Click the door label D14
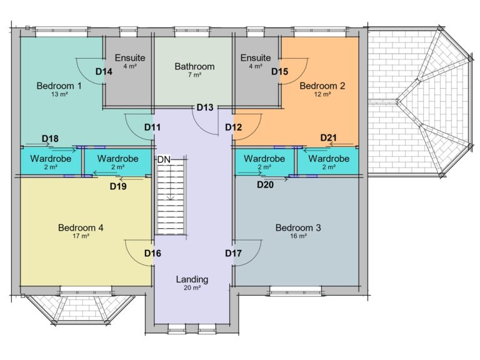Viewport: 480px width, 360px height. (x=104, y=71)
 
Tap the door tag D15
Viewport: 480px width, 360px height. (x=279, y=71)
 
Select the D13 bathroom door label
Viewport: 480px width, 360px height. (x=205, y=107)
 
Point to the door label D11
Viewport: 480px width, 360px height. (x=153, y=127)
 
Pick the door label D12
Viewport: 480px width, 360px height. (x=233, y=127)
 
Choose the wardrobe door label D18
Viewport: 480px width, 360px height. (x=50, y=138)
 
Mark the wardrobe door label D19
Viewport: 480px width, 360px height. (x=118, y=186)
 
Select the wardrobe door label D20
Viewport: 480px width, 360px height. (x=266, y=184)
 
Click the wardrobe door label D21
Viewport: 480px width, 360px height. (x=329, y=137)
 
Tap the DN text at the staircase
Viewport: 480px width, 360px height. (x=164, y=160)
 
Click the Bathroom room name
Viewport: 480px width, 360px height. (x=194, y=66)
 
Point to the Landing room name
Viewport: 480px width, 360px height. (x=192, y=279)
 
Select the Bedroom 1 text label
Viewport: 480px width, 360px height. (x=59, y=86)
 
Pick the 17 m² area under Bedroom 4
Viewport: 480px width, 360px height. (x=81, y=236)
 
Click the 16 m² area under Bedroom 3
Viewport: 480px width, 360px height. (x=298, y=236)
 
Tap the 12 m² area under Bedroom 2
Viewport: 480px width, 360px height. (x=322, y=94)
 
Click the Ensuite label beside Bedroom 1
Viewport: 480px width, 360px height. (x=129, y=57)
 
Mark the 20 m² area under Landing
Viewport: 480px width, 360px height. (x=192, y=288)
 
